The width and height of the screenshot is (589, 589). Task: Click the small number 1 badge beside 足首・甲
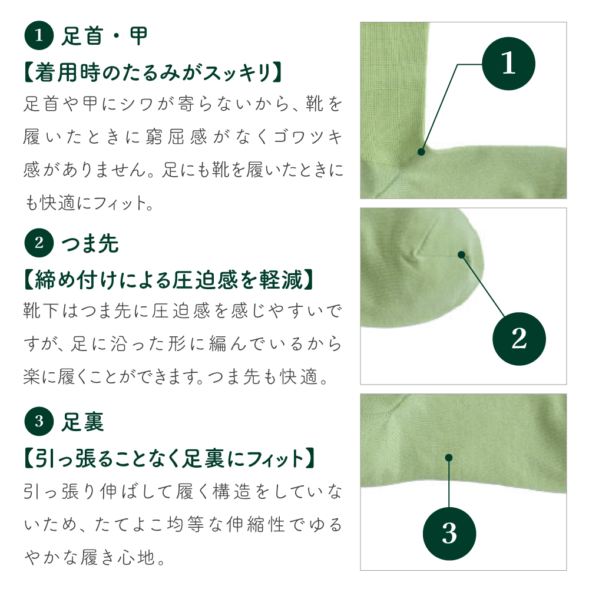39,37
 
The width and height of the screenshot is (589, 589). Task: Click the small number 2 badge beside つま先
39,243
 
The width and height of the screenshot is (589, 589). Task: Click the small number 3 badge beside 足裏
39,422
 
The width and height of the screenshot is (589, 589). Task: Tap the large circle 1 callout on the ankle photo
508,64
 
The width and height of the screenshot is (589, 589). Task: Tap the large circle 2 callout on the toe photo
519,338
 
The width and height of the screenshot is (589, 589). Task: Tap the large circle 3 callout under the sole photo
449,534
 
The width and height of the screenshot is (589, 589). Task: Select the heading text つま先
90,243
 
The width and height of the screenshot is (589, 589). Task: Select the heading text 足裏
83,422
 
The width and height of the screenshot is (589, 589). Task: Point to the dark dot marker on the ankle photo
421,152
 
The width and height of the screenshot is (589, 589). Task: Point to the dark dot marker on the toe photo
461,255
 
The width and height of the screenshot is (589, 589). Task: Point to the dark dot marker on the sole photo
449,458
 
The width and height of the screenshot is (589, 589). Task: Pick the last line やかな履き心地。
94,556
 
